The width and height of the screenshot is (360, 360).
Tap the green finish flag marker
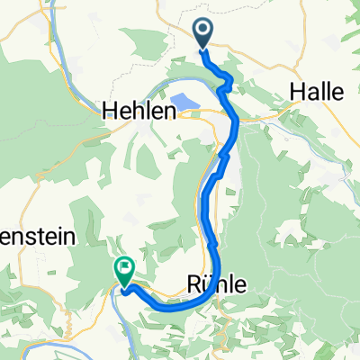coord(123,268)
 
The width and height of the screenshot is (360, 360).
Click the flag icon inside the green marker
coord(123,266)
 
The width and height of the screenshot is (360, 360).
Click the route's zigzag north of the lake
coord(226,85)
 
